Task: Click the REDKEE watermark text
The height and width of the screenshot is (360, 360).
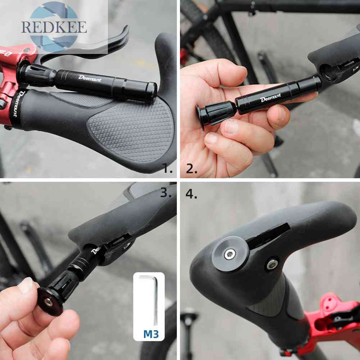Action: (54, 27)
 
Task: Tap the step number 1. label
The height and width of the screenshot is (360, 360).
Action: (167, 168)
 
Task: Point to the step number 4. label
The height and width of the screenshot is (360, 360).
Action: (191, 194)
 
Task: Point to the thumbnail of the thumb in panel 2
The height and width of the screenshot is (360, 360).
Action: (232, 126)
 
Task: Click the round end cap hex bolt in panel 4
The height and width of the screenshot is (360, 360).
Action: (229, 254)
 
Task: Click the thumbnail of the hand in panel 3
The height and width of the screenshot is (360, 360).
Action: (26, 286)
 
